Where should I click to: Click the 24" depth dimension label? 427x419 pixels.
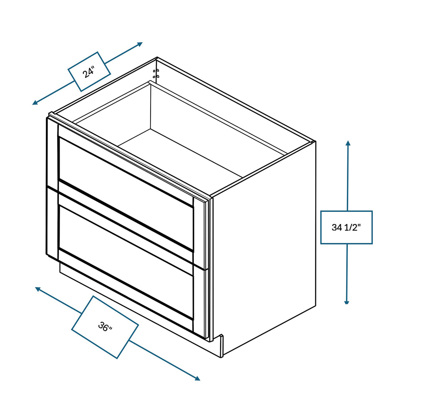coord(89,72)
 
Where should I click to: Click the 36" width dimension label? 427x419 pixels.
coord(105,327)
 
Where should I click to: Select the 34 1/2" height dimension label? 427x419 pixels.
coord(346,227)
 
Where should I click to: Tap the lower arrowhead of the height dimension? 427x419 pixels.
coord(347,301)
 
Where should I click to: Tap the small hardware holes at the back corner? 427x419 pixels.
coord(156,74)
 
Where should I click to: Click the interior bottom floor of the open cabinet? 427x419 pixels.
coord(179,154)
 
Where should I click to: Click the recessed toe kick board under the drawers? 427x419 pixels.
coord(125,300)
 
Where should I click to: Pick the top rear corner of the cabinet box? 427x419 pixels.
coord(157,58)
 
